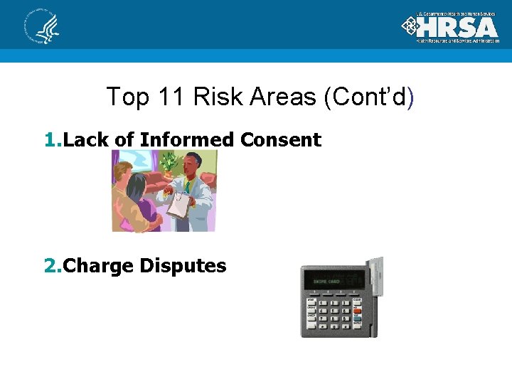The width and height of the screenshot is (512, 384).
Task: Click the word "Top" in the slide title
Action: coord(124,97)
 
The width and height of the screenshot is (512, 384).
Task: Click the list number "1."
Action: coord(53,140)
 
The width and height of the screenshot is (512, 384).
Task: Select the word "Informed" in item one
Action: coord(187,140)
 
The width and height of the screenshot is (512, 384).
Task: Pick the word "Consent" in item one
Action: coord(281,140)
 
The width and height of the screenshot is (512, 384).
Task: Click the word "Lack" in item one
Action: coord(87,140)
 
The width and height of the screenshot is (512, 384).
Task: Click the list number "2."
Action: coord(53,266)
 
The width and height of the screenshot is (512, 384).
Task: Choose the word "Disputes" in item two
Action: coord(183,266)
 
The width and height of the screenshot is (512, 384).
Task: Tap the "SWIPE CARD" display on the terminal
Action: coord(333,282)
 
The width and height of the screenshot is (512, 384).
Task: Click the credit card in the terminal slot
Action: coord(378,277)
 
